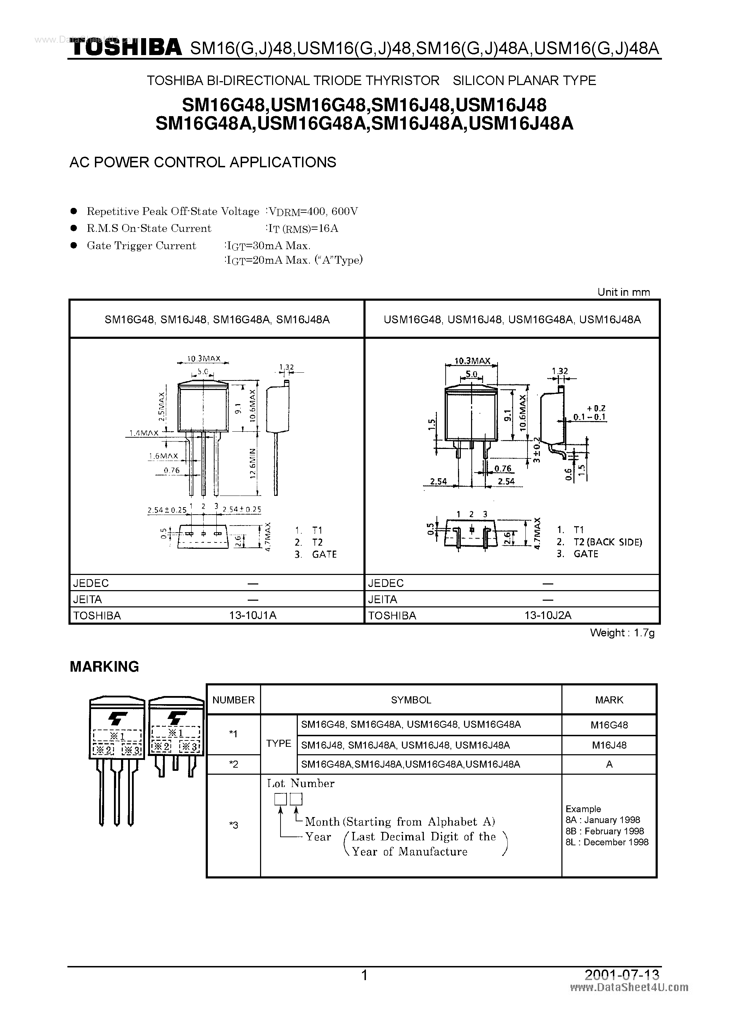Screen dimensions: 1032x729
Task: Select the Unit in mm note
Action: tap(623, 292)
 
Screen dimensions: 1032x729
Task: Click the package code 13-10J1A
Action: tap(253, 615)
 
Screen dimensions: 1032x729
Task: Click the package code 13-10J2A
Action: tap(547, 615)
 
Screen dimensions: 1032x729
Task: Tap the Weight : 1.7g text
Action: tap(622, 633)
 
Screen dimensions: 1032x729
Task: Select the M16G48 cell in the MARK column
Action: tap(609, 725)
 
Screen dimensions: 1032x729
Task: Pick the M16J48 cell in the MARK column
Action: tap(609, 745)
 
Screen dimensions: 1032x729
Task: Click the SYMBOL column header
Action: tap(411, 700)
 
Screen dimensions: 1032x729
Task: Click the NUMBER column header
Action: tap(233, 700)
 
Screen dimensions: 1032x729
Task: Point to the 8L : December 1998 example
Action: tap(607, 842)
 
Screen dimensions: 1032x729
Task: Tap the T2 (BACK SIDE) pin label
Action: tap(608, 542)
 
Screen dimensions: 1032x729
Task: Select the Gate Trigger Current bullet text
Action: tap(141, 246)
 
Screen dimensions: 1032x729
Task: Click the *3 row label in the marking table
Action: tap(233, 825)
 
